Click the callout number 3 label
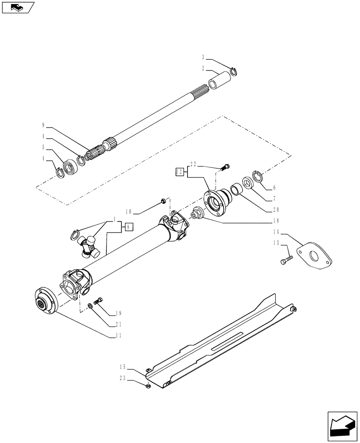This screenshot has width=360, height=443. tap(203, 57)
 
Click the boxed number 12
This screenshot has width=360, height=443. tap(180, 171)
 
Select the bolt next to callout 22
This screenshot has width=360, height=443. tap(225, 167)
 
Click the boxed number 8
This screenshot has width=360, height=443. tap(129, 227)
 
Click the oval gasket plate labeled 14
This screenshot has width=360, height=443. tap(315, 256)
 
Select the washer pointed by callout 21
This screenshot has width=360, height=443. tap(90, 305)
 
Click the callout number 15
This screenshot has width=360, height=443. tap(122, 366)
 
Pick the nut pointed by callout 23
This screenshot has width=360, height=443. tap(148, 386)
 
